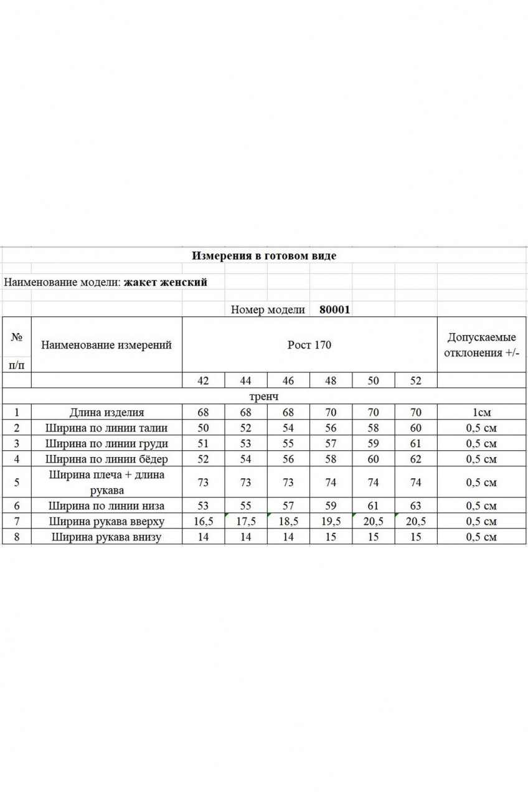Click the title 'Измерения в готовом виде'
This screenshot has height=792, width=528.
click(264, 256)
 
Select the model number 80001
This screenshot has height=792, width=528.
click(334, 309)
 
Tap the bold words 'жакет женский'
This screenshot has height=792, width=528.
click(165, 282)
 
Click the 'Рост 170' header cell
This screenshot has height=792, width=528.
click(309, 345)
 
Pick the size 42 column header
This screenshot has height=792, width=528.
click(203, 381)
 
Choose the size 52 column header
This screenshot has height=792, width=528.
click(416, 381)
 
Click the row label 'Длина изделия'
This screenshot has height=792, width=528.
click(106, 412)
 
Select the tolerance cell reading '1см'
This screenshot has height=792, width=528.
click(481, 412)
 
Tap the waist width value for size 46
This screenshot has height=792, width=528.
click(288, 428)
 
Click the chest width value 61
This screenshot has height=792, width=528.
click(416, 444)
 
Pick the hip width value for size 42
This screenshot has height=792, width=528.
click(203, 460)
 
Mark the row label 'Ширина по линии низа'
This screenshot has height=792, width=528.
click(106, 506)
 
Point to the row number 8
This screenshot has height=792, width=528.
click(17, 537)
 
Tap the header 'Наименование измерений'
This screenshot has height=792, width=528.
click(106, 345)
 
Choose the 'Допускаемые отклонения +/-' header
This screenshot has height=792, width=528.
click(481, 345)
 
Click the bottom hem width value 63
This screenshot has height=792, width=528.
click(416, 506)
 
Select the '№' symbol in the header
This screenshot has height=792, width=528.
click(17, 337)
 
